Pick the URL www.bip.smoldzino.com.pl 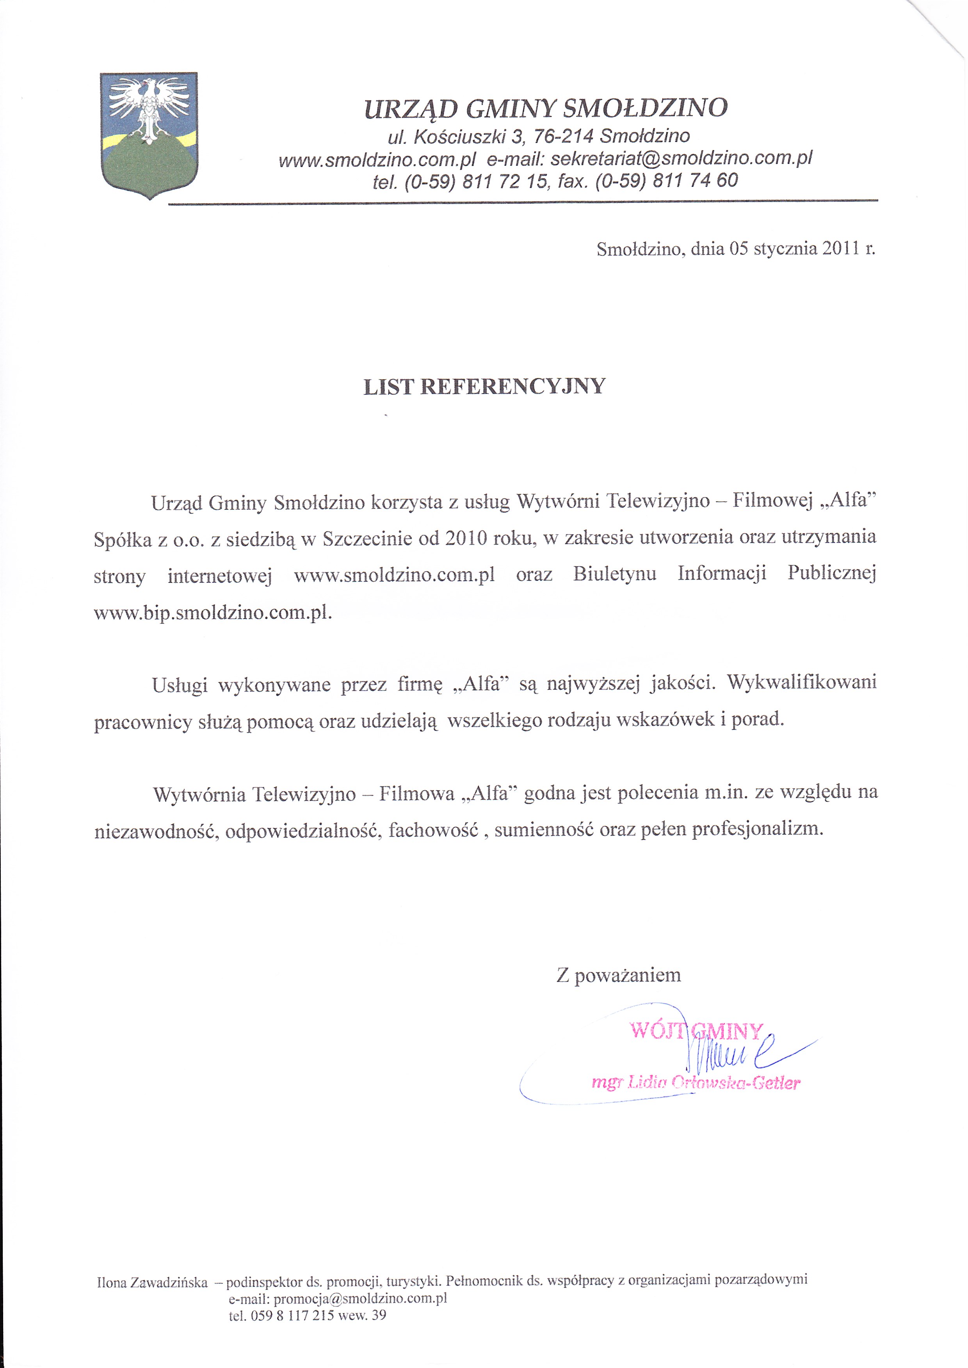(212, 613)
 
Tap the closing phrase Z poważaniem (618, 975)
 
